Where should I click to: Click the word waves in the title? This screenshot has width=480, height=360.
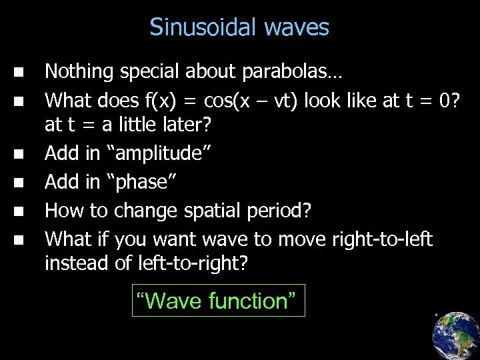point(297,27)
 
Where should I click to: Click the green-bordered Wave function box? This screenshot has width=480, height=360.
point(218,301)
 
